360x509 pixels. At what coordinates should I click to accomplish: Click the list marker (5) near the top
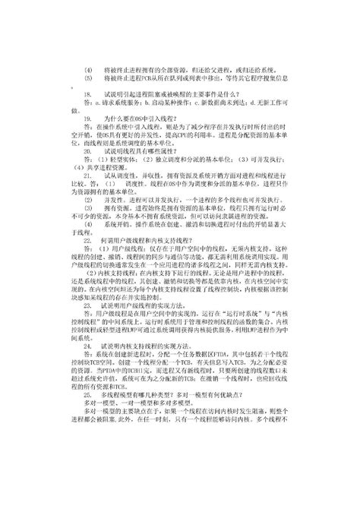88,77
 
